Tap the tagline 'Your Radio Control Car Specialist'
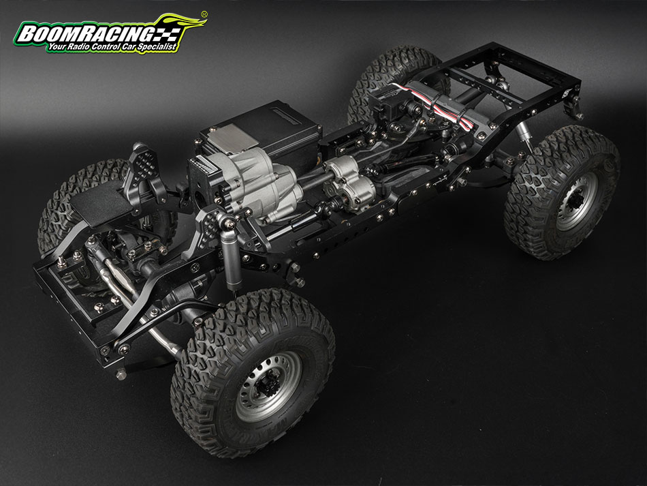pyautogui.click(x=112, y=46)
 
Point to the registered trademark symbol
pyautogui.click(x=204, y=14)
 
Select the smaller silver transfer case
pyautogui.click(x=350, y=182)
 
